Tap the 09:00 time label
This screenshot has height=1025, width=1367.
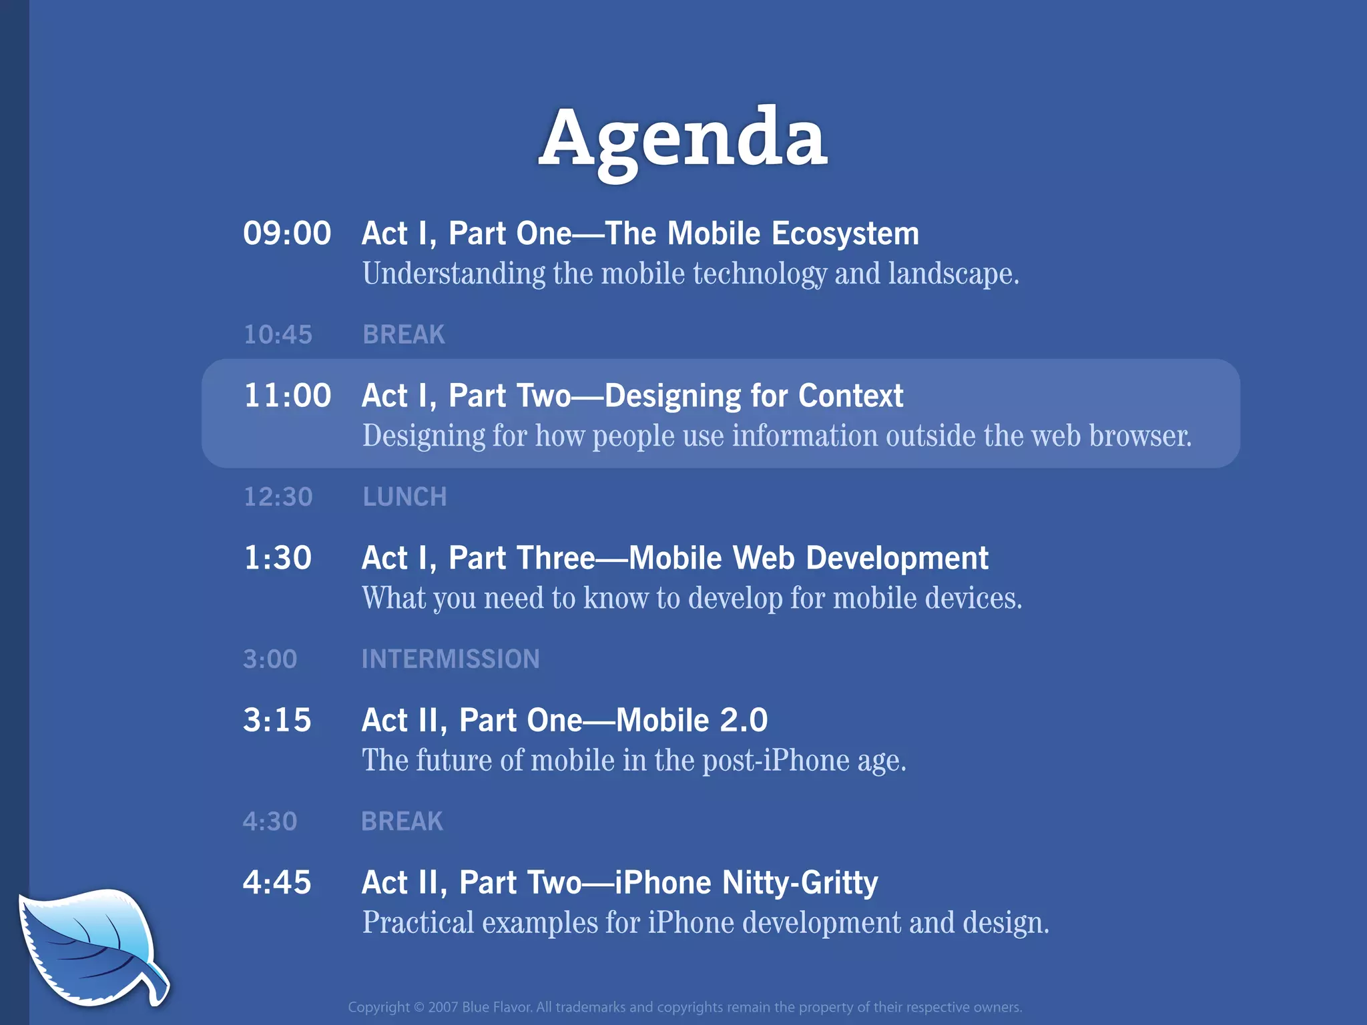[287, 234]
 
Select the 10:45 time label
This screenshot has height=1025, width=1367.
[278, 334]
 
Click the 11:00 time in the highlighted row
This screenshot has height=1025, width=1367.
[287, 396]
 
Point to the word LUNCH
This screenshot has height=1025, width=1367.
[404, 497]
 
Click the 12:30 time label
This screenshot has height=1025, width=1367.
[278, 497]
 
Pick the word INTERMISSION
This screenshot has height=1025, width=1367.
[451, 659]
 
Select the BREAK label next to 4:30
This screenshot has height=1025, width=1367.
[402, 821]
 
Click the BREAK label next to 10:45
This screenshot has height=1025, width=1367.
[403, 334]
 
